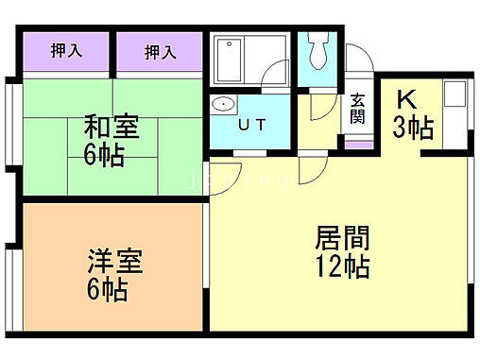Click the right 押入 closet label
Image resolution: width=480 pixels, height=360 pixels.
point(160,51)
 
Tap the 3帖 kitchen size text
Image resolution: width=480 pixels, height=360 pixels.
point(413,128)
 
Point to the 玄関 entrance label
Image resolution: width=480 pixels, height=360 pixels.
point(358,110)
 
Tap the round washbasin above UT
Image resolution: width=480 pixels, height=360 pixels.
point(225,105)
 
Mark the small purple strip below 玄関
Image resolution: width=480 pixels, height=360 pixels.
point(359,145)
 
